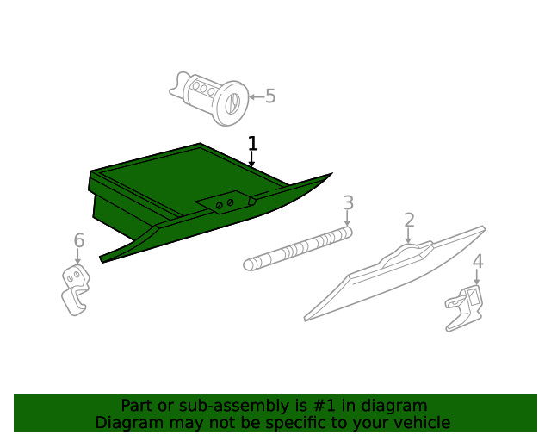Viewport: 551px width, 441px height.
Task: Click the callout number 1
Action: tap(252, 143)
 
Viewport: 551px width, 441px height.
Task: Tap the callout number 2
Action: tap(409, 220)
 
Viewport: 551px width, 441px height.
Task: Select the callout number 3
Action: tap(348, 202)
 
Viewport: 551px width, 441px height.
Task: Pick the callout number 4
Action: tap(477, 261)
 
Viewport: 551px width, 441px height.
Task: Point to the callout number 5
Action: tap(270, 96)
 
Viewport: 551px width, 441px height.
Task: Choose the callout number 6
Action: tap(78, 240)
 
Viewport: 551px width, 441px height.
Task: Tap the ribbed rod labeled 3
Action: tap(298, 249)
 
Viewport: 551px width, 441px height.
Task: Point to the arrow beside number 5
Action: tap(255, 96)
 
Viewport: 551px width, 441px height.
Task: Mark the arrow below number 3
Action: tap(348, 219)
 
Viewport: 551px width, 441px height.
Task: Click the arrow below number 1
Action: tap(252, 159)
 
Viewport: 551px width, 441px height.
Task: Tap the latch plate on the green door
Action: tap(226, 203)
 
